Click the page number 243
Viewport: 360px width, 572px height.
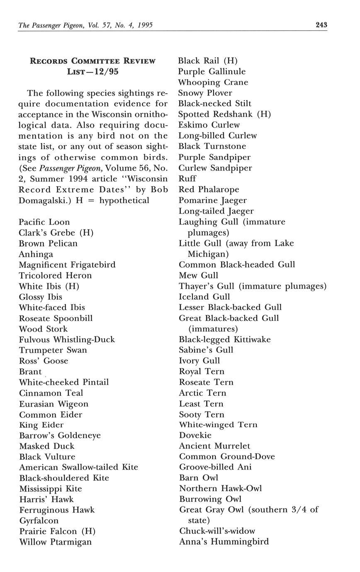(x=321, y=25)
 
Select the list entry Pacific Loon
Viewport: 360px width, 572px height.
(x=44, y=222)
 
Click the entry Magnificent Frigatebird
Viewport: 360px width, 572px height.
(x=67, y=265)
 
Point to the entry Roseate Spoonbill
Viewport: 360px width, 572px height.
(x=56, y=318)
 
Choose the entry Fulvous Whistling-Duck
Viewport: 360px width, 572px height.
(x=67, y=340)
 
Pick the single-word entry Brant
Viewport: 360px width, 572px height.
(x=30, y=372)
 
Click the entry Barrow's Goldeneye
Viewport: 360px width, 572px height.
(x=60, y=436)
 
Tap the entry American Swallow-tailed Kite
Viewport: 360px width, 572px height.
(x=78, y=467)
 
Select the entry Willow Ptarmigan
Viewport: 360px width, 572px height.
(x=55, y=542)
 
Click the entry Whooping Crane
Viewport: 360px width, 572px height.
(x=213, y=82)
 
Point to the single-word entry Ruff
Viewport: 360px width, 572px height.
(x=187, y=179)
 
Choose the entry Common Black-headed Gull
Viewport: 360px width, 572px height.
(x=237, y=265)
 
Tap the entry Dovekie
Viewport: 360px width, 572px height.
(x=195, y=435)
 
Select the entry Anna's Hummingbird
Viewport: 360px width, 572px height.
(x=224, y=542)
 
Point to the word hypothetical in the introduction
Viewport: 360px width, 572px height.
(x=124, y=201)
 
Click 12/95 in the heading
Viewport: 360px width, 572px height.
(x=106, y=72)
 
